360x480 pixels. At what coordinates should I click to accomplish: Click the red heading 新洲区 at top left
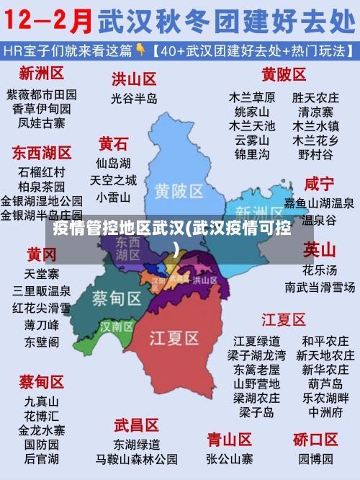tap(42, 73)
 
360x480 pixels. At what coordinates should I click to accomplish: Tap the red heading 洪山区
tap(134, 79)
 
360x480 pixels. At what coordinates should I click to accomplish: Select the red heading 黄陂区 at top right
tap(284, 74)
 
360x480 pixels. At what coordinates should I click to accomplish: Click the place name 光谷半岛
tap(134, 98)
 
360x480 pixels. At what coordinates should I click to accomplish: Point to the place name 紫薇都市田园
tap(42, 94)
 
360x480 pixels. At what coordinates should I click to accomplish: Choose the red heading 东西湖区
tap(42, 153)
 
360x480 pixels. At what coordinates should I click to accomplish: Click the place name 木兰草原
tap(252, 97)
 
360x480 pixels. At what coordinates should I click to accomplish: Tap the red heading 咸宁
tap(319, 183)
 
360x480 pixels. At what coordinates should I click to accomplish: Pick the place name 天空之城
tap(113, 179)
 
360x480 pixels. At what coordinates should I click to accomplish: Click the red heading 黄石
tap(114, 143)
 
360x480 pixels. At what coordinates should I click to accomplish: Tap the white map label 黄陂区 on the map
tap(179, 190)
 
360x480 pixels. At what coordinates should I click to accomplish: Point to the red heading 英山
tap(319, 250)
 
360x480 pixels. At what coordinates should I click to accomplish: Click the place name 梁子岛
tap(256, 412)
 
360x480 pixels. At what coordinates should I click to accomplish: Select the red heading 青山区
tap(229, 439)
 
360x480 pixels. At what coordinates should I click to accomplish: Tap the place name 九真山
tap(42, 401)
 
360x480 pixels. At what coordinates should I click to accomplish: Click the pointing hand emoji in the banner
tap(142, 50)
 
